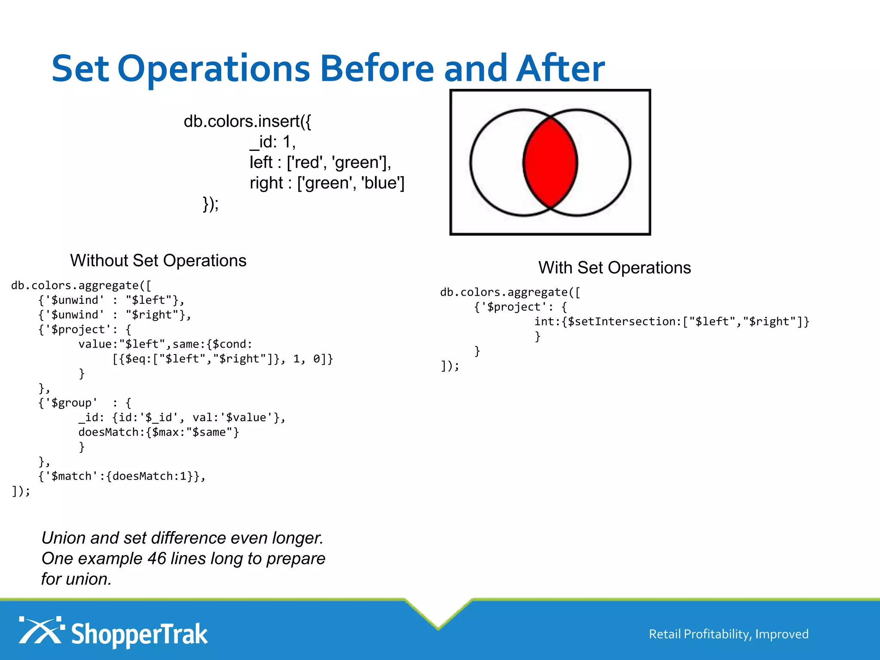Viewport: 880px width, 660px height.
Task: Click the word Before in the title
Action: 377,69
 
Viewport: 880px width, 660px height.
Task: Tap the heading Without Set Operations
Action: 158,261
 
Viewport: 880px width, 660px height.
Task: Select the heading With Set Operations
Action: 614,268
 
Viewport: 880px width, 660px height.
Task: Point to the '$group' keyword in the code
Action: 71,403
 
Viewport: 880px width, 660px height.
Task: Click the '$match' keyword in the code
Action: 71,476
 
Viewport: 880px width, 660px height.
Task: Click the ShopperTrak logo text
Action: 139,635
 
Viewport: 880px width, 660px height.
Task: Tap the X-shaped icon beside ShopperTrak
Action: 40,631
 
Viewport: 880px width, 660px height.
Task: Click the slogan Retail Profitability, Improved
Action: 728,634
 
